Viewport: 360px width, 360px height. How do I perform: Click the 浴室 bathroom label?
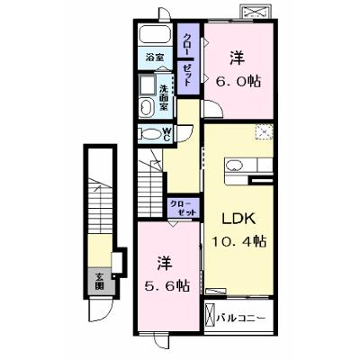[x=154, y=58]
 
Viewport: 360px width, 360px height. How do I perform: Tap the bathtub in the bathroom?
[x=156, y=34]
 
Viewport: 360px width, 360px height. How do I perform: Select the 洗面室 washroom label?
[x=164, y=97]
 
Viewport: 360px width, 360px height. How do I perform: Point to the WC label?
[x=166, y=134]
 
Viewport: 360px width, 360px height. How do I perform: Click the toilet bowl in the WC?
[x=151, y=134]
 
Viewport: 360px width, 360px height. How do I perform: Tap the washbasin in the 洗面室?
[x=146, y=108]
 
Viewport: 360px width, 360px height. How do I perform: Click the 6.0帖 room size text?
[x=238, y=81]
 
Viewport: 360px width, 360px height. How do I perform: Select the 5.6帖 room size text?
[x=167, y=285]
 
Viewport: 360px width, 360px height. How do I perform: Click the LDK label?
[x=238, y=219]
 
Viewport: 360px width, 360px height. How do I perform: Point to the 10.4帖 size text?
[x=239, y=240]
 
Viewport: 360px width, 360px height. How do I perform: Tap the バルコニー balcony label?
[x=241, y=318]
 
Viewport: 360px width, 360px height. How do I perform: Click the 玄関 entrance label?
[x=100, y=281]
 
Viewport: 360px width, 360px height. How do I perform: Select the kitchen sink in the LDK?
[x=235, y=166]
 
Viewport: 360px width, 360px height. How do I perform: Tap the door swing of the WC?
[x=184, y=133]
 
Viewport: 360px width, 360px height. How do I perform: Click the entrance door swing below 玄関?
[x=100, y=310]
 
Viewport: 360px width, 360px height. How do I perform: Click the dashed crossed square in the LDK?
[x=264, y=131]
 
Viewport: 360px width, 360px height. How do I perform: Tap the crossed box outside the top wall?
[x=257, y=13]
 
